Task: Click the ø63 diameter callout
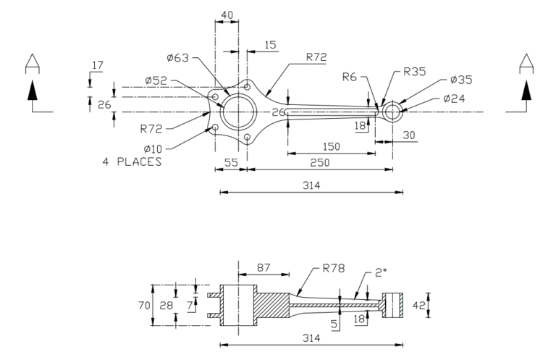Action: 177,59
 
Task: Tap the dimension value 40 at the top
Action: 227,14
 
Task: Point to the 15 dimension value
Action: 270,45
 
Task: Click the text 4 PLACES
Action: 132,162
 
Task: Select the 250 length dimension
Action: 319,163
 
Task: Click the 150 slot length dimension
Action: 330,146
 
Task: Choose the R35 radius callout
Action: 414,72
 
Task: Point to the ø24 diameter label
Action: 455,99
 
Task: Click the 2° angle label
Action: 382,275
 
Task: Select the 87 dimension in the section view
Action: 264,268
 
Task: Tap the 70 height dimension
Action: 145,306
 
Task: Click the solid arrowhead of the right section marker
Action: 526,90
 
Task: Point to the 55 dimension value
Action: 230,163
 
